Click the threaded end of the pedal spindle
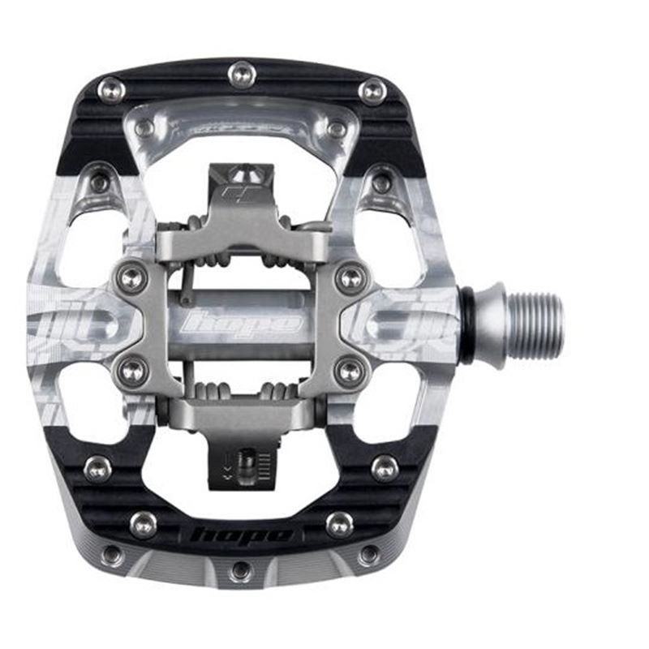pyautogui.click(x=532, y=324)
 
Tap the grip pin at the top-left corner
pyautogui.click(x=111, y=89)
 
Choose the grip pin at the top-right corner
pyautogui.click(x=372, y=90)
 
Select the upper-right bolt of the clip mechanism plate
pyautogui.click(x=351, y=277)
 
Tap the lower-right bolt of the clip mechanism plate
pyautogui.click(x=351, y=371)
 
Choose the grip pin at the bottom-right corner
pyautogui.click(x=369, y=555)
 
